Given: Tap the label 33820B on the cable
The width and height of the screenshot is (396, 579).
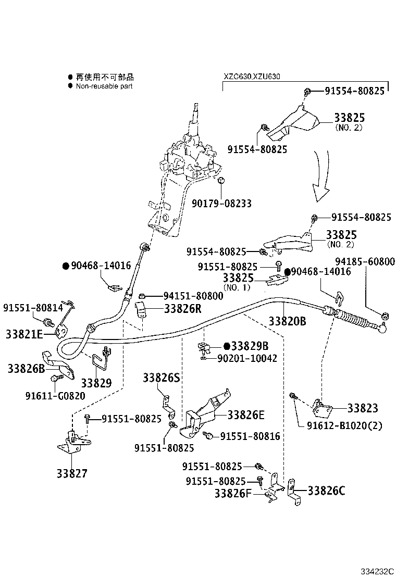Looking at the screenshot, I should pyautogui.click(x=287, y=321).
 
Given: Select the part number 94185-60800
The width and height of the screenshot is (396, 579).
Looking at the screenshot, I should pyautogui.click(x=365, y=262).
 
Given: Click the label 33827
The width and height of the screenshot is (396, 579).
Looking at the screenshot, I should pyautogui.click(x=72, y=473).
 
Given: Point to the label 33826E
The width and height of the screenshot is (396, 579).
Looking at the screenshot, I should pyautogui.click(x=246, y=414).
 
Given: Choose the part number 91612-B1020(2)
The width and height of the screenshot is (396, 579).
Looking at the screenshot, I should pyautogui.click(x=344, y=425).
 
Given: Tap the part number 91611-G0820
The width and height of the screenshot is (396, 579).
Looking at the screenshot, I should pyautogui.click(x=55, y=396).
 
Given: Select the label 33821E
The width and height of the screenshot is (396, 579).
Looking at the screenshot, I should pyautogui.click(x=24, y=334).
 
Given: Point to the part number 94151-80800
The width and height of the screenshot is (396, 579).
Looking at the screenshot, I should pyautogui.click(x=193, y=296).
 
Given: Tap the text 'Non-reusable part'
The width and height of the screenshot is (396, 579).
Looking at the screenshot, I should pyautogui.click(x=104, y=86).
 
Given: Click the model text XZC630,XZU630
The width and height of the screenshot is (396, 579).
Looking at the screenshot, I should pyautogui.click(x=252, y=77).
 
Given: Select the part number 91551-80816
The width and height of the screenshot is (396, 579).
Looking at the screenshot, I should pyautogui.click(x=250, y=436).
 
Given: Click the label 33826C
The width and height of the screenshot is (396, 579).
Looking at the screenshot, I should pyautogui.click(x=326, y=490).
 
